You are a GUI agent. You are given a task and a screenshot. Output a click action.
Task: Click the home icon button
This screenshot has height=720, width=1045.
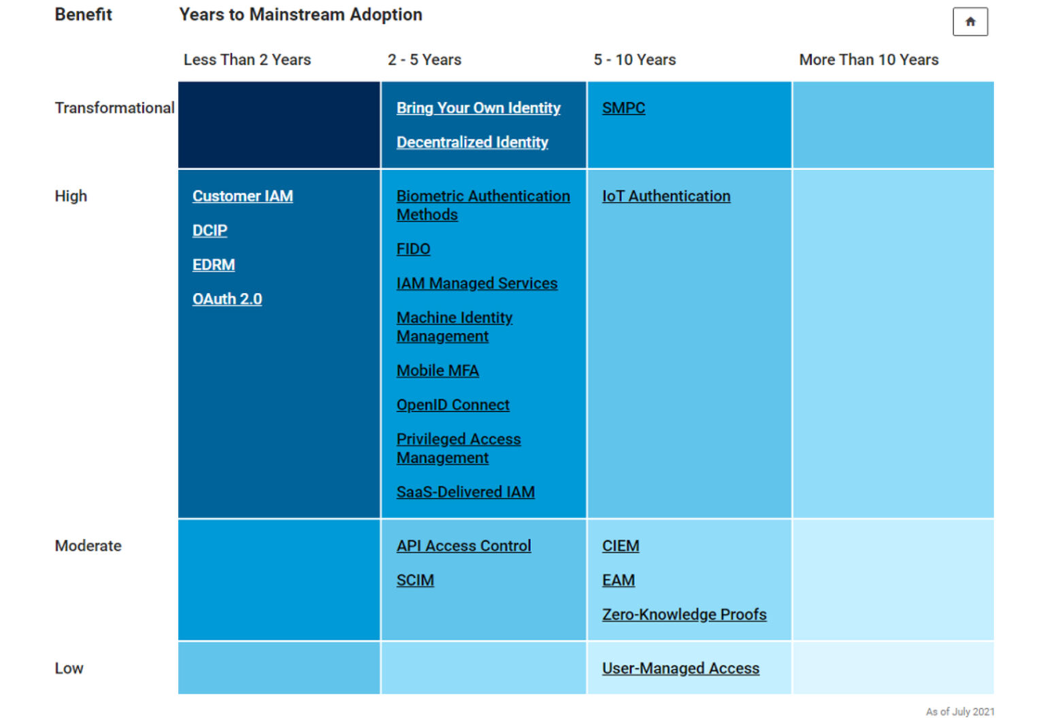(969, 22)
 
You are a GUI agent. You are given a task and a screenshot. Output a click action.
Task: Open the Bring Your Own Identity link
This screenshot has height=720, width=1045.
(478, 108)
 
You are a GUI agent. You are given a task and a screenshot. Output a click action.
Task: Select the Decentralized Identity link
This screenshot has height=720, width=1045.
(472, 142)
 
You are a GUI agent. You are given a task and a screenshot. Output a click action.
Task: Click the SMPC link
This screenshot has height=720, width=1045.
(623, 108)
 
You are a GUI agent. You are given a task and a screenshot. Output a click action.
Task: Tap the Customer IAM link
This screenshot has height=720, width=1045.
(242, 196)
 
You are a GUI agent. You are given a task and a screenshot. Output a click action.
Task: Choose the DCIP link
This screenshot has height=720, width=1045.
(210, 230)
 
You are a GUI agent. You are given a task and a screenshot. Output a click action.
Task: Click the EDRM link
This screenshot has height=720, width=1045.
(214, 264)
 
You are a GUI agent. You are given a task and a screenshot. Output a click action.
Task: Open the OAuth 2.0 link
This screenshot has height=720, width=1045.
(227, 299)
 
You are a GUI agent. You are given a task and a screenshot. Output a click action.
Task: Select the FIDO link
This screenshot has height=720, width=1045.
(413, 249)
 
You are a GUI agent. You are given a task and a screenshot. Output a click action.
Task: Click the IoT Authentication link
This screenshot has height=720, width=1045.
(666, 196)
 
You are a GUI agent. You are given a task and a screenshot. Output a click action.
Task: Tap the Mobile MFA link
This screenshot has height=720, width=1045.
(437, 371)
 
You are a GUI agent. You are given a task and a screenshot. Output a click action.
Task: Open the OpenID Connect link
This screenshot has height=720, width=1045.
(452, 405)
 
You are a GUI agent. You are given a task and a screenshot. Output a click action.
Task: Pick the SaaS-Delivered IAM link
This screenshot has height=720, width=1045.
(465, 492)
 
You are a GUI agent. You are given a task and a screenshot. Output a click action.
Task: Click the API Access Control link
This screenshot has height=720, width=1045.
(463, 546)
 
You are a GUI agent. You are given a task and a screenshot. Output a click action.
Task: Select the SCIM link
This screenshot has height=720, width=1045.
(415, 580)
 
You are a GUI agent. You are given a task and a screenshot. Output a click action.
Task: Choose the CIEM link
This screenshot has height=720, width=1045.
(620, 546)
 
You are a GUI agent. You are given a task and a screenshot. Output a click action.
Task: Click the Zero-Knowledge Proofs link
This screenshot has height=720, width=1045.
(684, 615)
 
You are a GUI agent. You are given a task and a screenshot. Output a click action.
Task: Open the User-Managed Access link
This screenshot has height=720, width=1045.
(680, 668)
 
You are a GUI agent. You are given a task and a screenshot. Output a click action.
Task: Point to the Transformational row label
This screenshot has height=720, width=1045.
(114, 108)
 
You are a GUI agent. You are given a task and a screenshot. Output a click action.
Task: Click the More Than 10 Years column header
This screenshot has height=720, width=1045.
(868, 60)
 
